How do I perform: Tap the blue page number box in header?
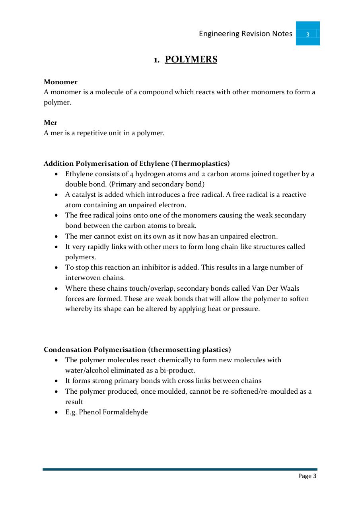pyautogui.click(x=307, y=34)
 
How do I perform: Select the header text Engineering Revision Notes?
pyautogui.click(x=245, y=34)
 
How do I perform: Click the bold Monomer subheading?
pyautogui.click(x=60, y=82)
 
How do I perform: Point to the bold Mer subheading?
pyautogui.click(x=51, y=123)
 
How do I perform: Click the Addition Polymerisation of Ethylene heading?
pyautogui.click(x=136, y=163)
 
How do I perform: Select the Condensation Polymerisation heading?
pyautogui.click(x=137, y=350)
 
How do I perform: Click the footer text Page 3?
pyautogui.click(x=307, y=476)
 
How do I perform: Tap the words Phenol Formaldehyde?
pyautogui.click(x=113, y=412)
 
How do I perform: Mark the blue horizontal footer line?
pyautogui.click(x=180, y=470)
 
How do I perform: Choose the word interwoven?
pyautogui.click(x=82, y=278)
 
